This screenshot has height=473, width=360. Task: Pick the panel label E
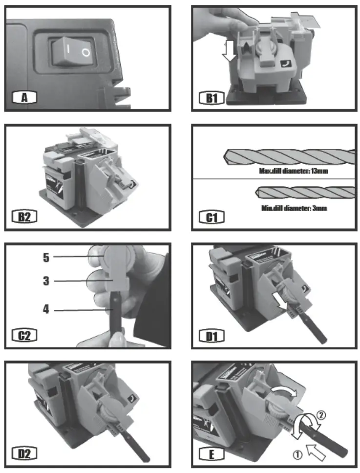211,454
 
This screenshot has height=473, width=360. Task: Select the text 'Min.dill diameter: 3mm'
291,208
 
